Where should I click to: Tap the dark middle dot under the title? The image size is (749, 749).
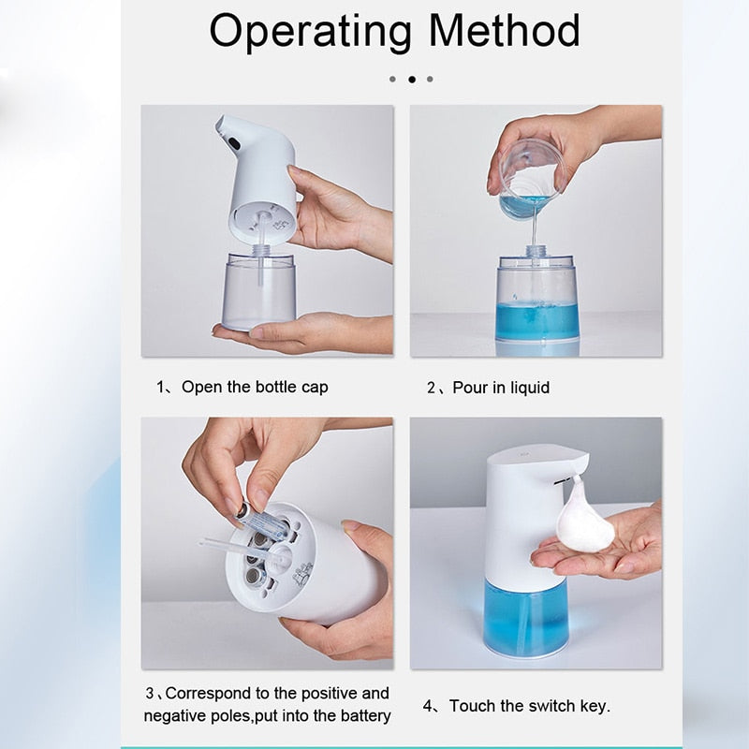(x=411, y=80)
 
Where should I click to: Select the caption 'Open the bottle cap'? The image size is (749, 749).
(x=255, y=387)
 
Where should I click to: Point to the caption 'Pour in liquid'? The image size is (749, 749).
(x=501, y=387)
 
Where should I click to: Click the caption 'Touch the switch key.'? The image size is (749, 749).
(x=530, y=705)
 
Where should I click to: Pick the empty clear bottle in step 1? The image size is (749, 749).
(x=259, y=290)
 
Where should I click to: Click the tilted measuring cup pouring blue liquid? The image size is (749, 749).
(x=529, y=180)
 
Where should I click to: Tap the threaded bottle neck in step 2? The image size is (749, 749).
(x=536, y=252)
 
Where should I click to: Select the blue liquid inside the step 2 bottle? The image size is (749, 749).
(x=536, y=320)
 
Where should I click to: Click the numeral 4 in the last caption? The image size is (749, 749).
(x=429, y=706)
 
